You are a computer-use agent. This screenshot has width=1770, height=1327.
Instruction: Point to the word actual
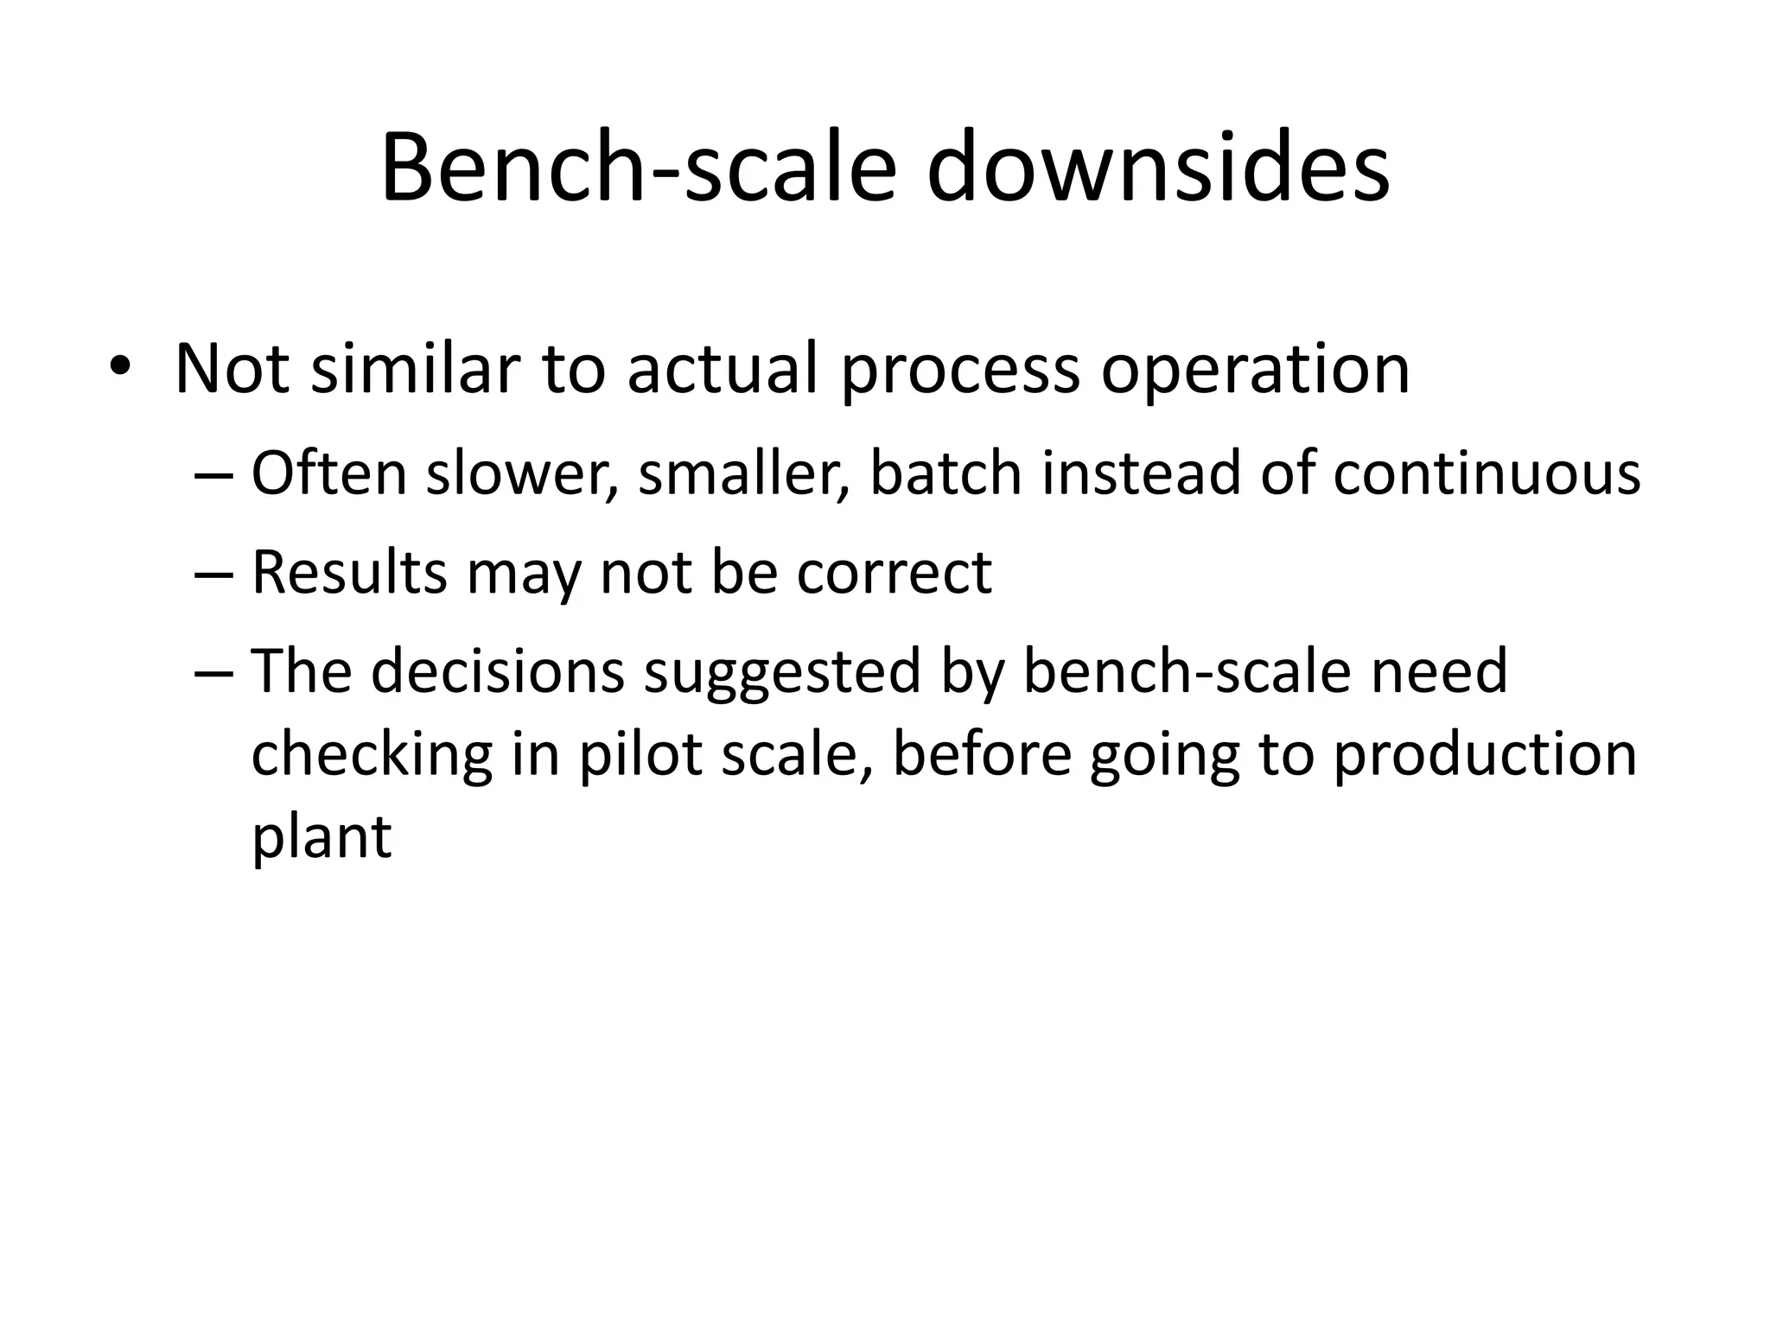click(722, 370)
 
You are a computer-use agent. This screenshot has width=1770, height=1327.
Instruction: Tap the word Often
click(328, 473)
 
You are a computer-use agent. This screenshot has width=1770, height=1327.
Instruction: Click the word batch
click(945, 473)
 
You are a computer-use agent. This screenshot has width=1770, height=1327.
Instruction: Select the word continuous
click(1486, 473)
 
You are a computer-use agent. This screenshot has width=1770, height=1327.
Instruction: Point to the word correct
click(894, 573)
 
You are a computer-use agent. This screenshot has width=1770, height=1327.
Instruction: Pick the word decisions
click(498, 672)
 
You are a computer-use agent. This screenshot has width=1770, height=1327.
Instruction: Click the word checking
click(372, 755)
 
